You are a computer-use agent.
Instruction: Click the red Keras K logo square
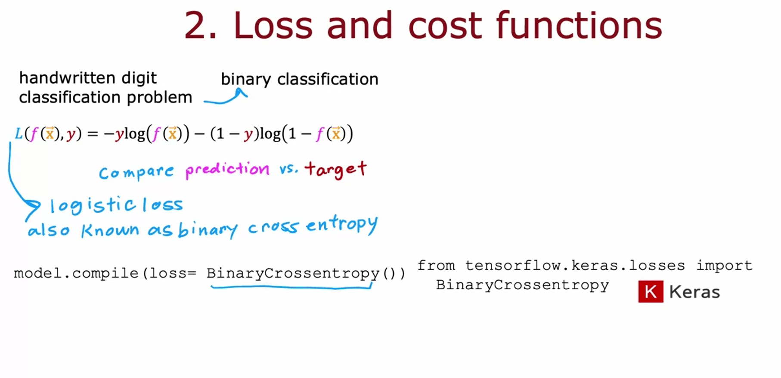[x=651, y=291]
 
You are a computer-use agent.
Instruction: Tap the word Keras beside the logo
[x=694, y=292]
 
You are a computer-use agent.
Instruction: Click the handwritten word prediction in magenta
[x=227, y=169]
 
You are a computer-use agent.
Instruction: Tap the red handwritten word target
[x=336, y=169]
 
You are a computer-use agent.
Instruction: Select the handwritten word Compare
[x=136, y=173]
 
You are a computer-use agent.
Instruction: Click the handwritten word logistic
[x=93, y=205]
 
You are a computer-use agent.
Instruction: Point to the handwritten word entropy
[x=342, y=225]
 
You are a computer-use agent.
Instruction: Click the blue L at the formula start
[x=19, y=134]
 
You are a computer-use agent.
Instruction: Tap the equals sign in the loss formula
[x=93, y=134]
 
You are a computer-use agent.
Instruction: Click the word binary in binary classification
[x=246, y=80]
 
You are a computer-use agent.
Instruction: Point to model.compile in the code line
[x=76, y=273]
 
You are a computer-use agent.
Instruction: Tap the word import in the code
[x=725, y=266]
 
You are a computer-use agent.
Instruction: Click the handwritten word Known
[x=110, y=230]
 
